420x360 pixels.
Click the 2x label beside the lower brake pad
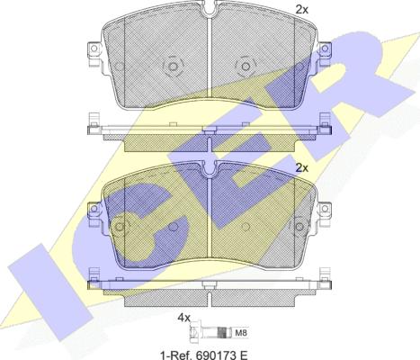coord(302,168)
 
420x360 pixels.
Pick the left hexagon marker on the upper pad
coord(173,66)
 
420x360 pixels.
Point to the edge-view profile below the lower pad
coord(208,287)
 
